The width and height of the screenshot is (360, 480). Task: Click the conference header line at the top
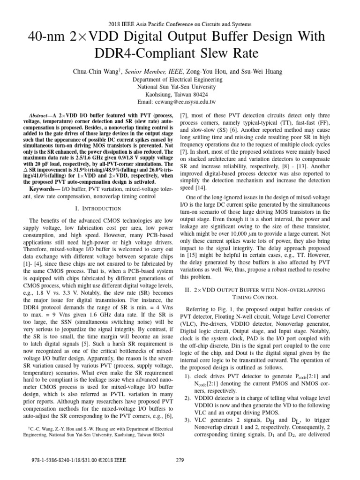click(x=180, y=24)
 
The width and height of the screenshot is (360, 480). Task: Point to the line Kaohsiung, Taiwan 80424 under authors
click(x=180, y=94)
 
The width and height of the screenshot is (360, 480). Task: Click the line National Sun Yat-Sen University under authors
click(x=180, y=87)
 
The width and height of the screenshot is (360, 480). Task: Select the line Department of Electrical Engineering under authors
click(x=180, y=79)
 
